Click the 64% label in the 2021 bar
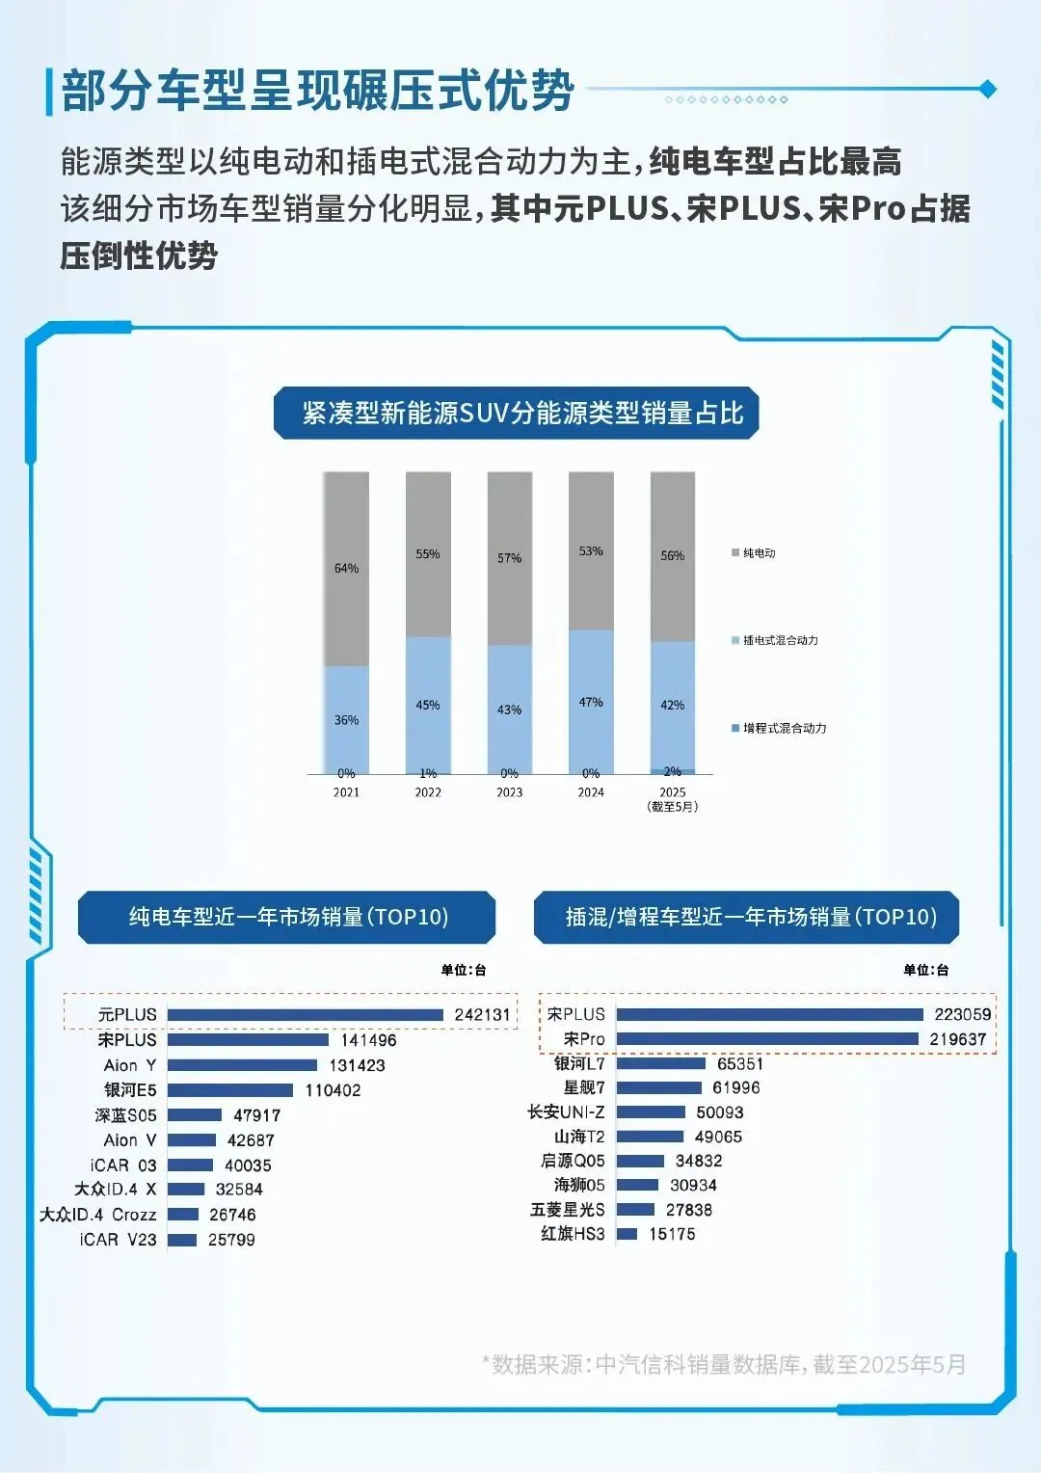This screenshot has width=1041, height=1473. [346, 568]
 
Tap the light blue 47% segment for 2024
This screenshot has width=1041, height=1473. [591, 701]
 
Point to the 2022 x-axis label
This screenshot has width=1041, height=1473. [428, 792]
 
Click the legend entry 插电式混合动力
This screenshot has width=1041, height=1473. [779, 640]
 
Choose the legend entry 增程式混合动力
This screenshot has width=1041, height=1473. [783, 729]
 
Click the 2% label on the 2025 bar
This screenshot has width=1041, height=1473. [673, 771]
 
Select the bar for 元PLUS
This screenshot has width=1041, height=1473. [305, 1015]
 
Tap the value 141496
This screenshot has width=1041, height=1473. [368, 1040]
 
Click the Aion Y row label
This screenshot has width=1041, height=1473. [130, 1065]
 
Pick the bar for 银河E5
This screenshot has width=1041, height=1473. [230, 1090]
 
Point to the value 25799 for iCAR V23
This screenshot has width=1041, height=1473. [231, 1240]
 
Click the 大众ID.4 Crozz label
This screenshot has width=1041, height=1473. [98, 1215]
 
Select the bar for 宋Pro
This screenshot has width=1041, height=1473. [767, 1039]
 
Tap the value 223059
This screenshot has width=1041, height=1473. [962, 1014]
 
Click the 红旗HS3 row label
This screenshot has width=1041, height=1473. [573, 1234]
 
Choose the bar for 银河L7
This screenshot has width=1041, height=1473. [661, 1063]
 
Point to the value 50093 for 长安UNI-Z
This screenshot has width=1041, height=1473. [719, 1112]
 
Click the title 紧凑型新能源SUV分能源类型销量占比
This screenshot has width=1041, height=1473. [522, 414]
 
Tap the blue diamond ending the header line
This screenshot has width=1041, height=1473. [987, 89]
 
